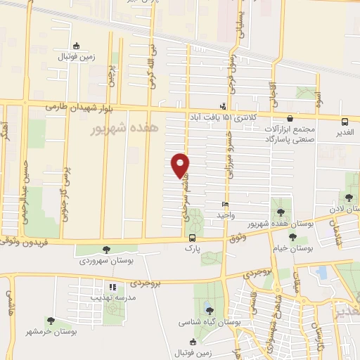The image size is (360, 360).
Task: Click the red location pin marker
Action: point(181,165)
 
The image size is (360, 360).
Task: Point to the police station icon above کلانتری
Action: point(224,105)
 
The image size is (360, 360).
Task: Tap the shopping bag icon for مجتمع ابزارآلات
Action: point(290,118)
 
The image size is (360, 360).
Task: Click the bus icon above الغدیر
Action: point(345,122)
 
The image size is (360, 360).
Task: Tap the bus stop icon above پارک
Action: point(190,238)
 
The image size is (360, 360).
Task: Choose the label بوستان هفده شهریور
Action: point(281,223)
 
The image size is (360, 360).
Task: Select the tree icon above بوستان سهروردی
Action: point(106,249)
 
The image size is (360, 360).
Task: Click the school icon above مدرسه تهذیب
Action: point(111,287)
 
